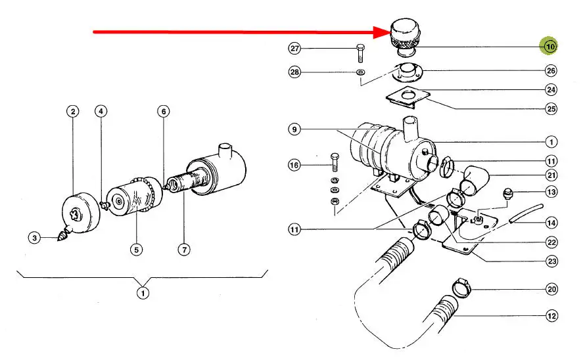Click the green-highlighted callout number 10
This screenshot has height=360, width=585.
pyautogui.click(x=549, y=47)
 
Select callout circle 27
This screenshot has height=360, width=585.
pyautogui.click(x=294, y=49)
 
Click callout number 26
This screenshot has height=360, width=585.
pyautogui.click(x=551, y=70)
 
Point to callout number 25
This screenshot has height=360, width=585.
pyautogui.click(x=551, y=109)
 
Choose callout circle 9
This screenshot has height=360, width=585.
pyautogui.click(x=294, y=130)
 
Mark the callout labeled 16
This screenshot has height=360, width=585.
pyautogui.click(x=294, y=164)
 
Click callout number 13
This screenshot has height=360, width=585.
pyautogui.click(x=551, y=192)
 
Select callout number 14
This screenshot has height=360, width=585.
pyautogui.click(x=551, y=223)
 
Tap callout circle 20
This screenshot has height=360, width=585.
pyautogui.click(x=551, y=289)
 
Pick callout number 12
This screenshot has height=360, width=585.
pyautogui.click(x=551, y=316)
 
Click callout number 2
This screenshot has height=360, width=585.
pyautogui.click(x=72, y=112)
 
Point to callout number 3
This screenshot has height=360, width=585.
pyautogui.click(x=34, y=237)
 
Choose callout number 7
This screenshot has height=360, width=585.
pyautogui.click(x=183, y=249)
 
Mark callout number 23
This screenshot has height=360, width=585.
pyautogui.click(x=551, y=261)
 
